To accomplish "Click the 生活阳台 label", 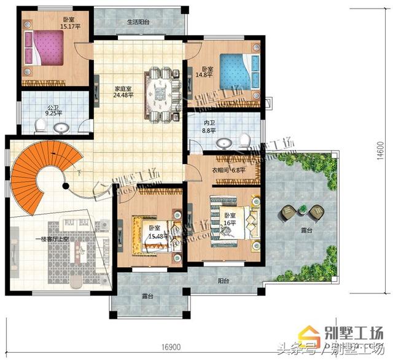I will click(138, 22).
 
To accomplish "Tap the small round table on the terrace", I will click(302, 211).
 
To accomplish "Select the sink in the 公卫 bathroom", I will click(61, 128).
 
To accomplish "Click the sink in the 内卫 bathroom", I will click(225, 143).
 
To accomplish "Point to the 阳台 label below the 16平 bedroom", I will click(224, 280).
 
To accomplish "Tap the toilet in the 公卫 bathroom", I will click(39, 127).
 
